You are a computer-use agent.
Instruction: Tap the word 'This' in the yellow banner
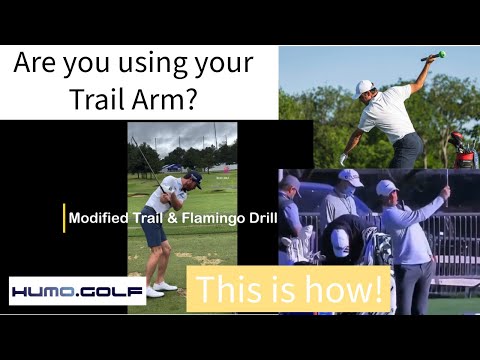232,291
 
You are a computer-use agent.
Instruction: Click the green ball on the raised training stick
440,54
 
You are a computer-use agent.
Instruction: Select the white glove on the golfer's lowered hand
343,159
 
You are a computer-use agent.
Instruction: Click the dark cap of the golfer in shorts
194,177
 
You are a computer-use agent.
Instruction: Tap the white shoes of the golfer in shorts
160,289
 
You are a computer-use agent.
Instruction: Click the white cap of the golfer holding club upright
388,187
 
